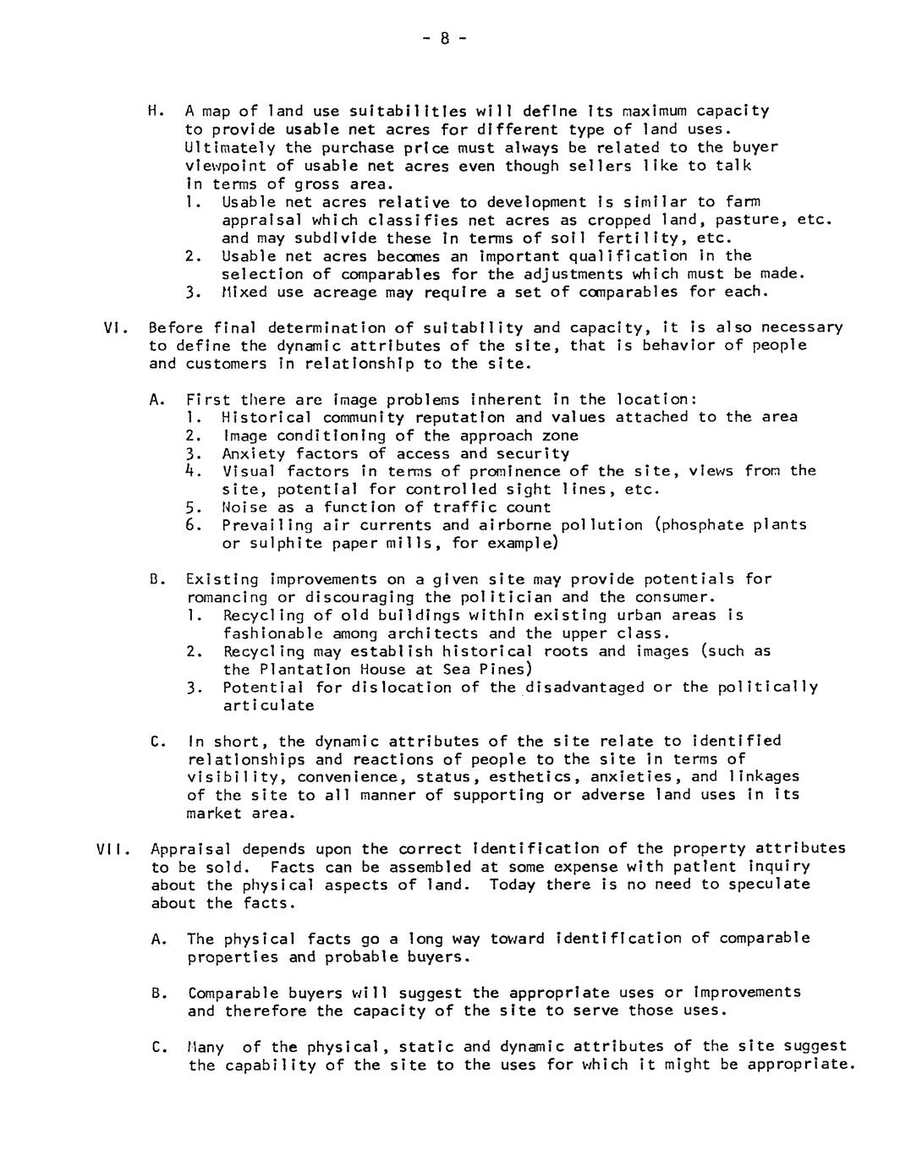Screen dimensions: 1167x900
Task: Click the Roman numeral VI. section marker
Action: [x=113, y=327]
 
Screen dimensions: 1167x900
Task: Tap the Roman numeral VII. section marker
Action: [x=112, y=849]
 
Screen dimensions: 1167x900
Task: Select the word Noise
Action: [x=244, y=507]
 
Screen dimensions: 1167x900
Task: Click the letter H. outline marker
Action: [x=154, y=111]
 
